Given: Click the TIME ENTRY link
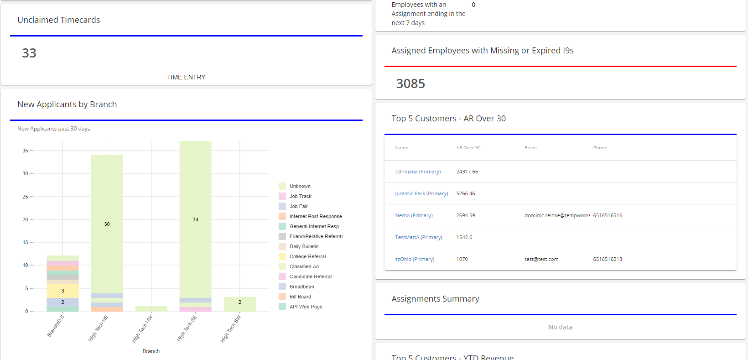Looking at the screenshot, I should (186, 77).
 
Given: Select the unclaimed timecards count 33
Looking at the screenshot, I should (29, 53).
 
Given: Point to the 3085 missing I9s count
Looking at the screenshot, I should (410, 84).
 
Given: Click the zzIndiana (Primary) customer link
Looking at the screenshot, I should (418, 172).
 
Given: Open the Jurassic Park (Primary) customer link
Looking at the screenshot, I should (421, 193).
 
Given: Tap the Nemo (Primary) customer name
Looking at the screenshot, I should (414, 215).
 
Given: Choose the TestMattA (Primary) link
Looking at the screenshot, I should (419, 237).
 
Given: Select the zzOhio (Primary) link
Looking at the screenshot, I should (415, 259).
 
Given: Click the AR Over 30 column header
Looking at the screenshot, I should (468, 148).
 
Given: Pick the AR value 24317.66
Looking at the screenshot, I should (467, 172).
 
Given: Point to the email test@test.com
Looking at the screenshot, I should (541, 259).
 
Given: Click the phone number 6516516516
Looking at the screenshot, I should (608, 215).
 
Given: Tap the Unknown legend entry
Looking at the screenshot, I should (300, 186).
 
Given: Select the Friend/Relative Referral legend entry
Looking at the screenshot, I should (316, 236).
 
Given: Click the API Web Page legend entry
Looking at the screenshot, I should (306, 307).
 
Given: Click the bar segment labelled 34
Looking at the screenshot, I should (195, 219).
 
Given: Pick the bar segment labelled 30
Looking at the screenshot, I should (107, 224).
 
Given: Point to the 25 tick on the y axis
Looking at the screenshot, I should (25, 197).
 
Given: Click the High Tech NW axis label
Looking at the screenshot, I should (142, 329).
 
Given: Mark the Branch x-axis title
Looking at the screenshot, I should (151, 351).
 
